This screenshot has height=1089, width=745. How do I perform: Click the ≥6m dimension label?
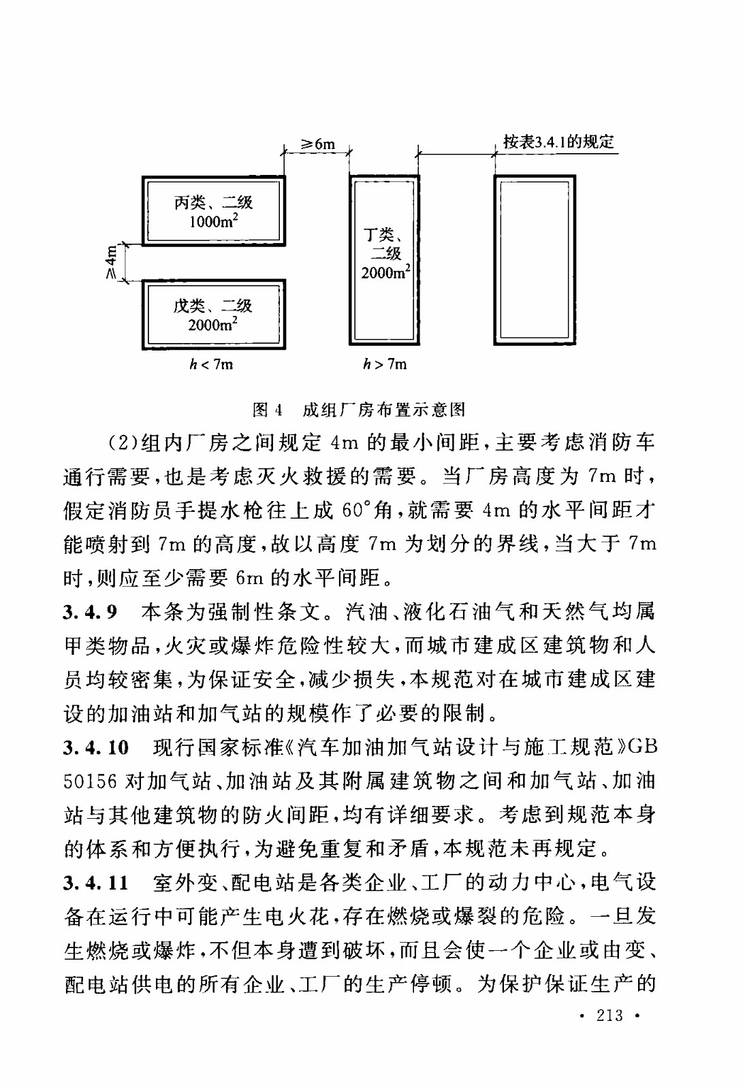318,144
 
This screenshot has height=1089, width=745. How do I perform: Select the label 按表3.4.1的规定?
558,142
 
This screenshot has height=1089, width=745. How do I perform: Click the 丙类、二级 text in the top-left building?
213,202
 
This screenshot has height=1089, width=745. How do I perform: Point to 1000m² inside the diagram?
213,221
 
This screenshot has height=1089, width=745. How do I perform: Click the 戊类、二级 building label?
212,306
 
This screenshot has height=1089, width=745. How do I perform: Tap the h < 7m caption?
211,365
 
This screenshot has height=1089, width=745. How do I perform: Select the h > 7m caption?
385,365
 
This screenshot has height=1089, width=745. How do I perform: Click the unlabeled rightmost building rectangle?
535,260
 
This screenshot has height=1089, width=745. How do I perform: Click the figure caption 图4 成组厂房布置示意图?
359,409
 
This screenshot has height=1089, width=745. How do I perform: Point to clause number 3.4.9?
90,612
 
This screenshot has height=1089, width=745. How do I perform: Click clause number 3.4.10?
96,747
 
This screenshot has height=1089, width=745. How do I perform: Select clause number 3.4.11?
96,883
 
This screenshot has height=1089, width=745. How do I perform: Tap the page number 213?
609,1015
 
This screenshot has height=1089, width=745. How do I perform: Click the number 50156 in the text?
91,781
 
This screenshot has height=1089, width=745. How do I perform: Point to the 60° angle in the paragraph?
357,510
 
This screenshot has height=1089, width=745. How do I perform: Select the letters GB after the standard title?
642,747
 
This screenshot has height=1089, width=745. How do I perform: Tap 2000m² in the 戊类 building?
212,325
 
